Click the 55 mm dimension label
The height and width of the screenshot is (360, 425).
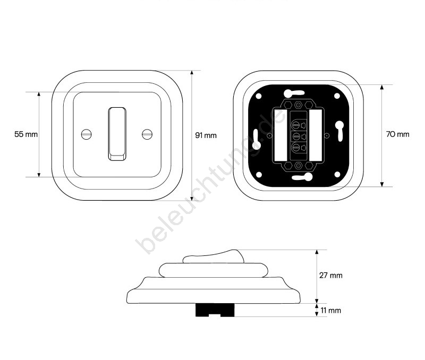tap(26, 134)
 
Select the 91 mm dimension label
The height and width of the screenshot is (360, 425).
tap(206, 135)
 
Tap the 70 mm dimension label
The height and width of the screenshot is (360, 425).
tap(397, 134)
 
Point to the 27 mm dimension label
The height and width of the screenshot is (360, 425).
tap(330, 275)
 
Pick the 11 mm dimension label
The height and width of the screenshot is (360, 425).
tap(330, 311)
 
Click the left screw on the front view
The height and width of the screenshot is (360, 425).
tap(87, 134)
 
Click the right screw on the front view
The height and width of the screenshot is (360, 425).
tap(147, 134)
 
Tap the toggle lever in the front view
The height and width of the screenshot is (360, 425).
tap(117, 134)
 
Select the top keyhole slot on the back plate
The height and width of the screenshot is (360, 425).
tap(294, 93)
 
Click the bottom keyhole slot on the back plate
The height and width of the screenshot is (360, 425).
tap(302, 177)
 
